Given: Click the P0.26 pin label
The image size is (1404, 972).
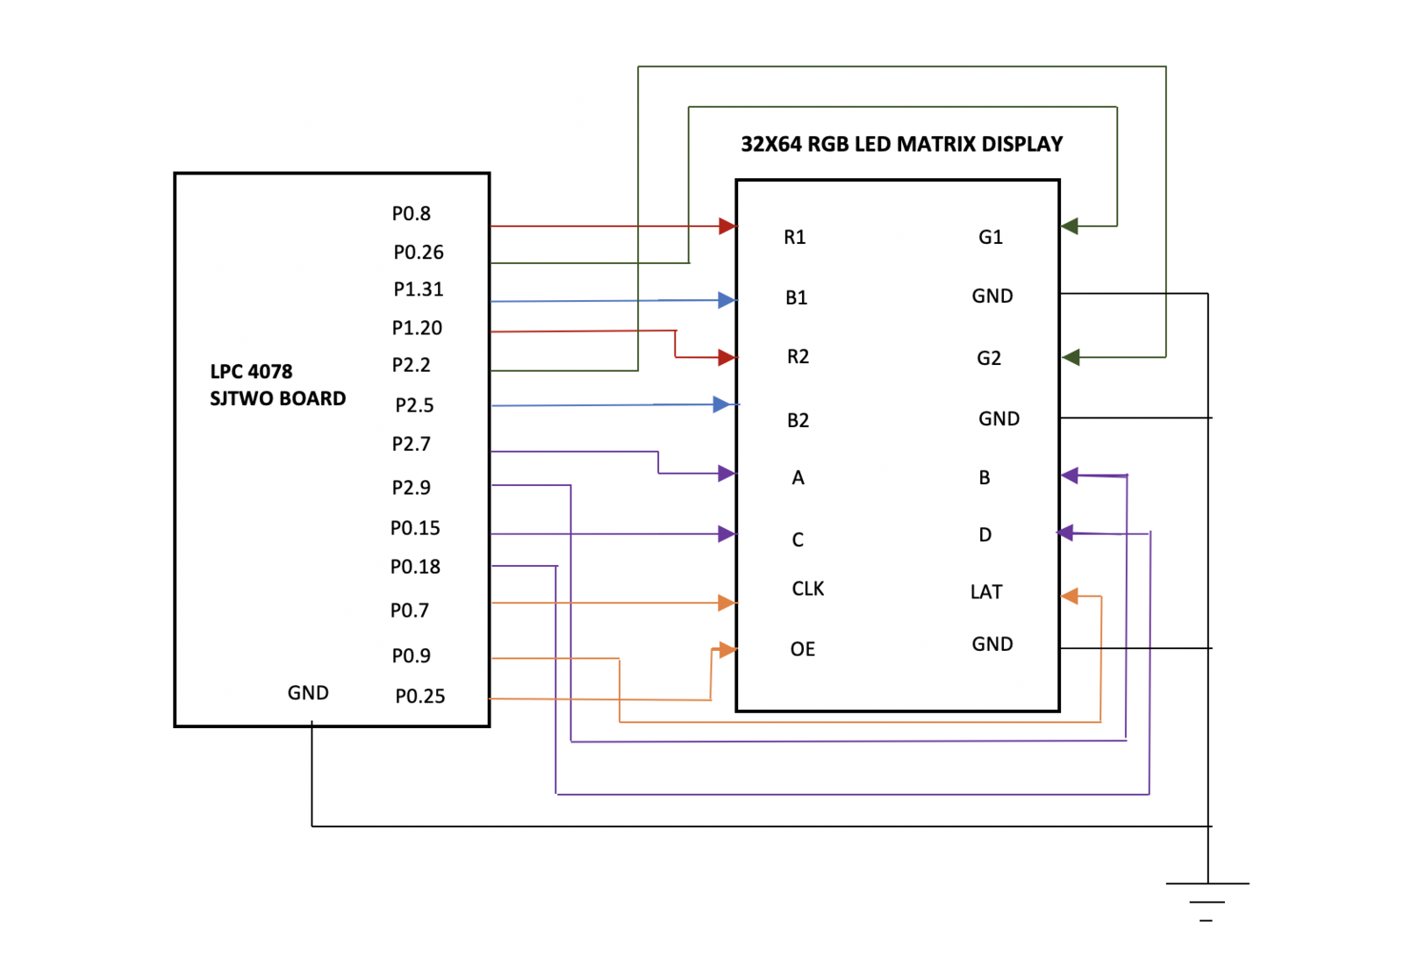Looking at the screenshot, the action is [x=418, y=252].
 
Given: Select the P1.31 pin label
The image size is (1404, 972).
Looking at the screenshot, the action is [x=418, y=289].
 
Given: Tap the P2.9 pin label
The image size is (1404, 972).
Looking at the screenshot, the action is [x=412, y=487].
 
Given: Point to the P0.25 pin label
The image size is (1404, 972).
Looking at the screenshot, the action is [x=420, y=696].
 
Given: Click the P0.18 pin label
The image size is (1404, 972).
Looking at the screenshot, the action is [x=415, y=567].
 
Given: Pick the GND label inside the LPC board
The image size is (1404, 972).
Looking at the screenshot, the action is [x=308, y=692].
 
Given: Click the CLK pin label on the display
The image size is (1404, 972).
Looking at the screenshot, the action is [x=808, y=589].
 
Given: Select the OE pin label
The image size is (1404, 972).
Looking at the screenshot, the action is [x=802, y=648].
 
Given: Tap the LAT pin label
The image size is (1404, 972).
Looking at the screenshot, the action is [x=986, y=591].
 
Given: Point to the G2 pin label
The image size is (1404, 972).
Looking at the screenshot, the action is [x=988, y=358].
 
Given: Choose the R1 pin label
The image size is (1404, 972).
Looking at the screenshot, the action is [x=794, y=237].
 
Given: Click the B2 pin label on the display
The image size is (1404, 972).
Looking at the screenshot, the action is [x=798, y=420].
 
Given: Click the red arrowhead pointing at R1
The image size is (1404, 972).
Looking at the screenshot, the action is [x=727, y=225].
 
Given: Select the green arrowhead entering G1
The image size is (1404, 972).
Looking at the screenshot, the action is [x=1070, y=225].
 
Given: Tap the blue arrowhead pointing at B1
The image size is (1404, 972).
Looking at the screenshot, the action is [x=727, y=299].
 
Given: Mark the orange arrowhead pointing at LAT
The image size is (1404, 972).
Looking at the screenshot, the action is [x=1070, y=596].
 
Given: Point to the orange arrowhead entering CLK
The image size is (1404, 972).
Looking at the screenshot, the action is [x=727, y=603].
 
